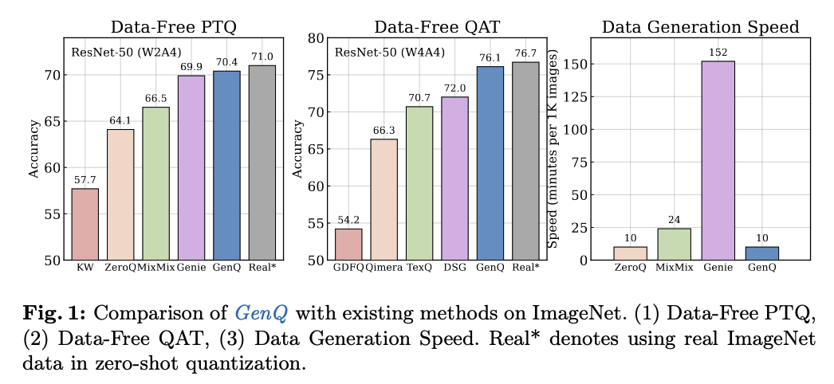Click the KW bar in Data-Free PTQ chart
[86, 224]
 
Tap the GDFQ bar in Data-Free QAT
[348, 244]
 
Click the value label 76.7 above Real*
[526, 52]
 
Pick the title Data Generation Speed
[700, 27]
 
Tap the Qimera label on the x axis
[384, 268]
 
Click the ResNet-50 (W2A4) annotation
[119, 53]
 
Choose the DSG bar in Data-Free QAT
[455, 178]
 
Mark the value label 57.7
[86, 179]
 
